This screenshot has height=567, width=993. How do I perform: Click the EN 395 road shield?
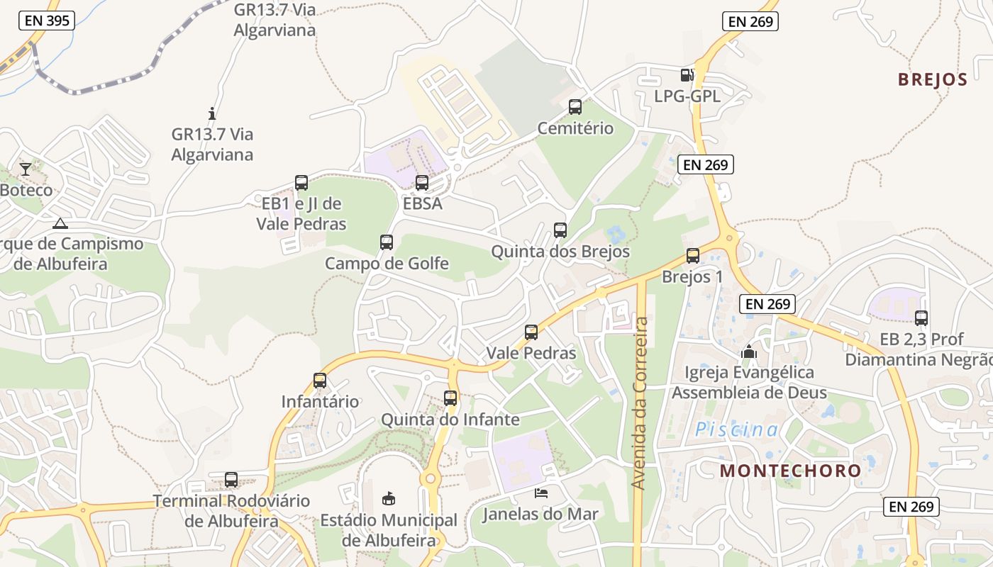tap(48, 21)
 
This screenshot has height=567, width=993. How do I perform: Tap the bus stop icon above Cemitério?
tap(575, 107)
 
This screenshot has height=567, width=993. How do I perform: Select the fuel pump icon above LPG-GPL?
tap(687, 74)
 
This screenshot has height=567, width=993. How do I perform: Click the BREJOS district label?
tap(933, 79)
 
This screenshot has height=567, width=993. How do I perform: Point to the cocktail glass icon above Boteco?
tap(26, 169)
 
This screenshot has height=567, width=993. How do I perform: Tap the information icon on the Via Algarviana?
tap(211, 113)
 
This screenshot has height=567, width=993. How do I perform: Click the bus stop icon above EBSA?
tap(422, 183)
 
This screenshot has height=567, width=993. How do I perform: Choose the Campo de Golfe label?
tap(387, 264)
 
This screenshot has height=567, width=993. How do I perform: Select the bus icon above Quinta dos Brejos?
tap(560, 230)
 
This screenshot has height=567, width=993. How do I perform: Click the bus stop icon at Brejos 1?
tap(693, 256)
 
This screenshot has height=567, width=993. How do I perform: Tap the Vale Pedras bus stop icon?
tap(531, 332)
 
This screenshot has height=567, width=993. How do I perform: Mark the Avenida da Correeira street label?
tap(640, 403)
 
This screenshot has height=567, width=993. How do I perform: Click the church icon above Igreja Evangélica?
tap(749, 351)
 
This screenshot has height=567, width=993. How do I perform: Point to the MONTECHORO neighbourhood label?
tap(791, 471)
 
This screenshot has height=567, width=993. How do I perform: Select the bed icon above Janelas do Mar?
tap(541, 493)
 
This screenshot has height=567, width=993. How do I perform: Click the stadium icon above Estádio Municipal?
tap(389, 498)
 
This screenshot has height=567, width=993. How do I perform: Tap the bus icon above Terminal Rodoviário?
tap(231, 480)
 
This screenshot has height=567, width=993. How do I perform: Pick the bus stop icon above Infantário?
tap(320, 381)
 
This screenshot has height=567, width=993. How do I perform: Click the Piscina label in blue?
tap(736, 430)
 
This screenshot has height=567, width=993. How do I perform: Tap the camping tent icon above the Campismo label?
tap(60, 224)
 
